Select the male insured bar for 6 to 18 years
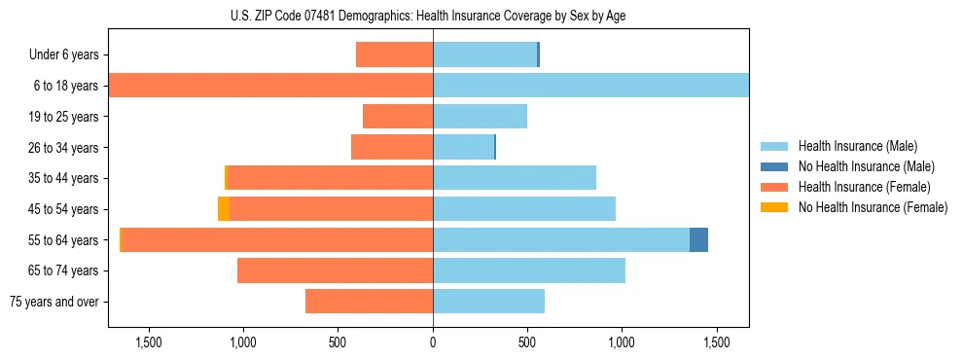point(590,86)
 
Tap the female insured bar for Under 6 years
point(394,54)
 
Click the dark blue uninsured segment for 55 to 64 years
point(698,239)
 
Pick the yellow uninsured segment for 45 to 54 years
point(224,209)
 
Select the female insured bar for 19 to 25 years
point(397,117)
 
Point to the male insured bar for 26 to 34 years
point(463,147)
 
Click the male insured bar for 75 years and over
point(488,302)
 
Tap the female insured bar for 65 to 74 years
point(335,270)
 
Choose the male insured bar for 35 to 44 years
point(514,178)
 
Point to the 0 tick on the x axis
point(433,342)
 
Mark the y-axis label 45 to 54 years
point(64,209)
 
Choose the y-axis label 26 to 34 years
point(64,148)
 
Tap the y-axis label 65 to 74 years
point(64,270)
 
